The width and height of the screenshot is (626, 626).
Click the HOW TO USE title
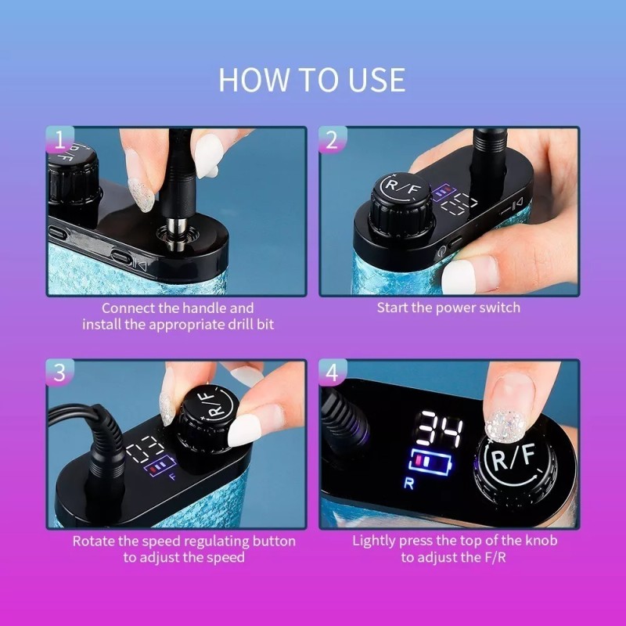[x=312, y=80]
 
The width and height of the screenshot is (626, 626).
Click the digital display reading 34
[x=438, y=430]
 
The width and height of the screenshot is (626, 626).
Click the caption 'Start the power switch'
[x=448, y=308]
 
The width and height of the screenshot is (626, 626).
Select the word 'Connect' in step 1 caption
[x=128, y=308]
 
